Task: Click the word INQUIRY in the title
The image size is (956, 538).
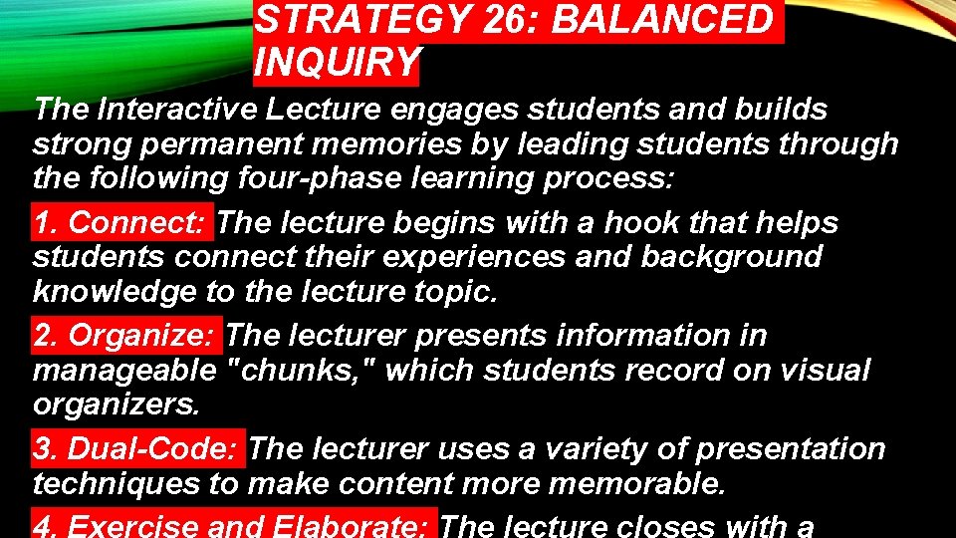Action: coord(338,63)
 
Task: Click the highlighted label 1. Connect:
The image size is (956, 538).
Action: coord(122,222)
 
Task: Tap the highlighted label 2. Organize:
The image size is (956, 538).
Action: coord(127,336)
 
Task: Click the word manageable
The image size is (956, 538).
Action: coord(124,371)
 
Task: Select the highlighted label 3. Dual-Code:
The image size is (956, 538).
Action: coord(138,449)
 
